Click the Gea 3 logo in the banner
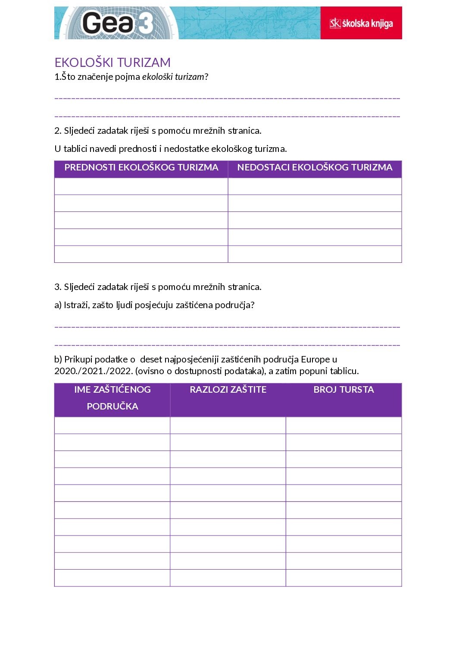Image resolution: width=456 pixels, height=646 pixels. tap(117, 23)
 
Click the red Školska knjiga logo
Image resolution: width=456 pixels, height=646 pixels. tap(361, 23)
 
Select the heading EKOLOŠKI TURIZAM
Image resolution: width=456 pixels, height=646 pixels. tap(112, 63)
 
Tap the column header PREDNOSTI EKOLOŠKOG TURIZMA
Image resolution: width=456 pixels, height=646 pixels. tap(141, 167)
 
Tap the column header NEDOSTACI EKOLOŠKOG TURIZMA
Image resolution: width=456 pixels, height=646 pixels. tap(315, 167)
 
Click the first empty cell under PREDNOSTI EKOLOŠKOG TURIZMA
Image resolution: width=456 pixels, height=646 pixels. tap(141, 186)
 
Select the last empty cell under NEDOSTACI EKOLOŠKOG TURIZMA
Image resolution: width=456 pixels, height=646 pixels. tap(315, 254)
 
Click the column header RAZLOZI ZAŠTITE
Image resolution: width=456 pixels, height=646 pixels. tap(228, 390)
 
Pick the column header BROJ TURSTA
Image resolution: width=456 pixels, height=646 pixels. tap(344, 390)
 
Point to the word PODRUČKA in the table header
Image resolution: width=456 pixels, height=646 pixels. tap(112, 407)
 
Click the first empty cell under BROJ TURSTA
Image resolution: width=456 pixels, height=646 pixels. tap(344, 425)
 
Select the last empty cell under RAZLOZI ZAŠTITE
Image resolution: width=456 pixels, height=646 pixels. tap(228, 578)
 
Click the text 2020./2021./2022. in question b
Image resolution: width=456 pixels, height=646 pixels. tap(93, 371)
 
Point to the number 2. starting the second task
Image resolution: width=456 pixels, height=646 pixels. tap(58, 131)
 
